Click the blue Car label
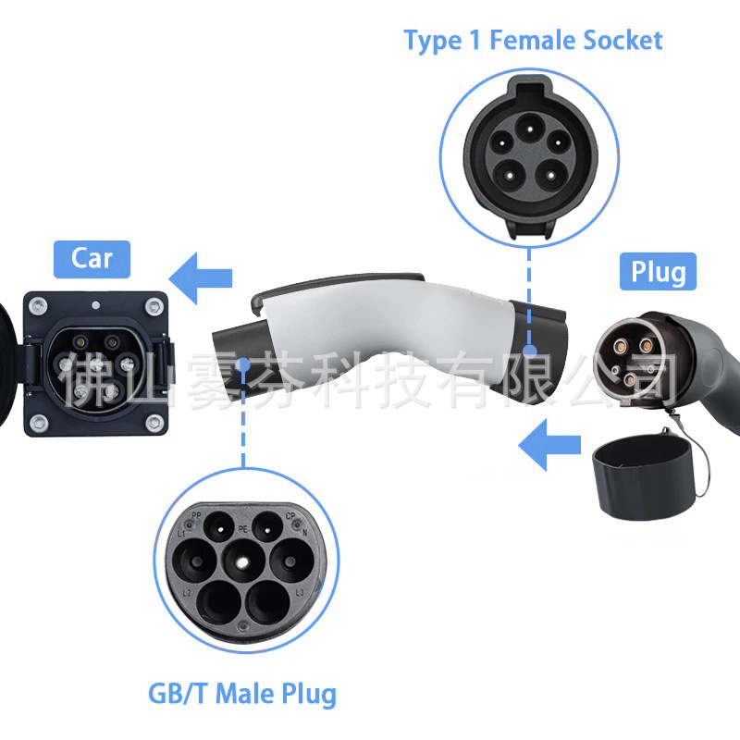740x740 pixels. (92, 258)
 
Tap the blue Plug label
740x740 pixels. (658, 272)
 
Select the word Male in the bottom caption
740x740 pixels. (243, 693)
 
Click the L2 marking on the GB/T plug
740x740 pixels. (187, 591)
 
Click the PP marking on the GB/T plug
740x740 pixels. (196, 514)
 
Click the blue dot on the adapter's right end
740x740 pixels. (530, 351)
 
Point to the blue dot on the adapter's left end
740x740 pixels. (242, 365)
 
